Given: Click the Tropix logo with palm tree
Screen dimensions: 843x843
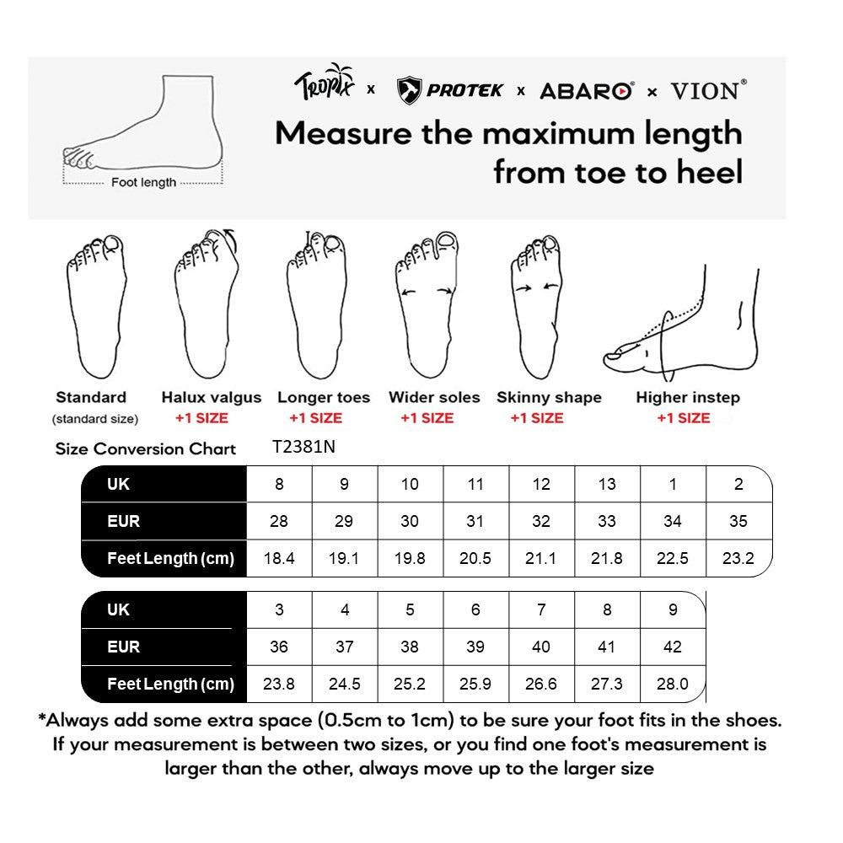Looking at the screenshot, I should tap(324, 84).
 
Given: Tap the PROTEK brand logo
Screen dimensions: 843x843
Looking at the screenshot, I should tap(450, 90).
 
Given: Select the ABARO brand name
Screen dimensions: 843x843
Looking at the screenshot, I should tap(587, 91).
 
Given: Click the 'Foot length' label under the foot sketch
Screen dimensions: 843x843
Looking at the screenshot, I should tap(144, 182).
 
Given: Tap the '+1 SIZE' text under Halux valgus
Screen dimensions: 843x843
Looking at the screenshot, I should tap(201, 418).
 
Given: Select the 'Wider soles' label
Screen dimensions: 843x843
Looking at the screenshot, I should tap(434, 398).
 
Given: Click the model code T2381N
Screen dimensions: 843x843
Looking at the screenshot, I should tap(303, 448).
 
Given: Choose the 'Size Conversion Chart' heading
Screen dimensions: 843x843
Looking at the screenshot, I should tap(146, 448).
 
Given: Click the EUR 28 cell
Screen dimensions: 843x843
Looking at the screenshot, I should tap(279, 521).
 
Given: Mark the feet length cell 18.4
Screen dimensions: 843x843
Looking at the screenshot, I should tap(279, 558).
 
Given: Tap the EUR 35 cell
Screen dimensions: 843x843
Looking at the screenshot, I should tap(738, 521).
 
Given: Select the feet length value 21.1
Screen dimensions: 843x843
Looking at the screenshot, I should tap(541, 558).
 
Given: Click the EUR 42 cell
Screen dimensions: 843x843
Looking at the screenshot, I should tap(673, 647).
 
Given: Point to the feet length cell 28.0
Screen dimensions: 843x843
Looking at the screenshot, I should tap(673, 684).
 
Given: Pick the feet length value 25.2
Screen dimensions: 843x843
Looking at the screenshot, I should tap(410, 684).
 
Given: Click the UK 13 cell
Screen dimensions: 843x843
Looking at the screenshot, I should tap(607, 484).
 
